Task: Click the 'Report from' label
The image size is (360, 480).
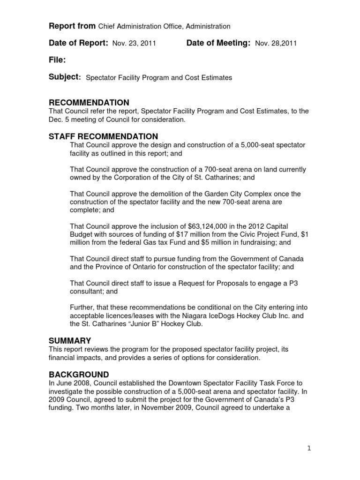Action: click(x=72, y=26)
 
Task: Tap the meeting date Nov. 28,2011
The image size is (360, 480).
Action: click(x=276, y=44)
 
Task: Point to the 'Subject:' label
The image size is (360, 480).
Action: click(x=65, y=77)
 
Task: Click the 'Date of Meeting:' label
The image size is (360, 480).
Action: click(x=218, y=43)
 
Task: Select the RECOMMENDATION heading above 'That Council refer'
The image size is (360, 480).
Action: click(x=89, y=103)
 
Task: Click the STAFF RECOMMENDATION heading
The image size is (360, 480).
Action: click(x=103, y=136)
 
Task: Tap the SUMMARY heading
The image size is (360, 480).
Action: click(x=70, y=340)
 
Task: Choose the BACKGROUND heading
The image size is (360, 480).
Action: click(x=79, y=374)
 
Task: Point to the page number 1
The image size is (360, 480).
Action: click(x=309, y=448)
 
